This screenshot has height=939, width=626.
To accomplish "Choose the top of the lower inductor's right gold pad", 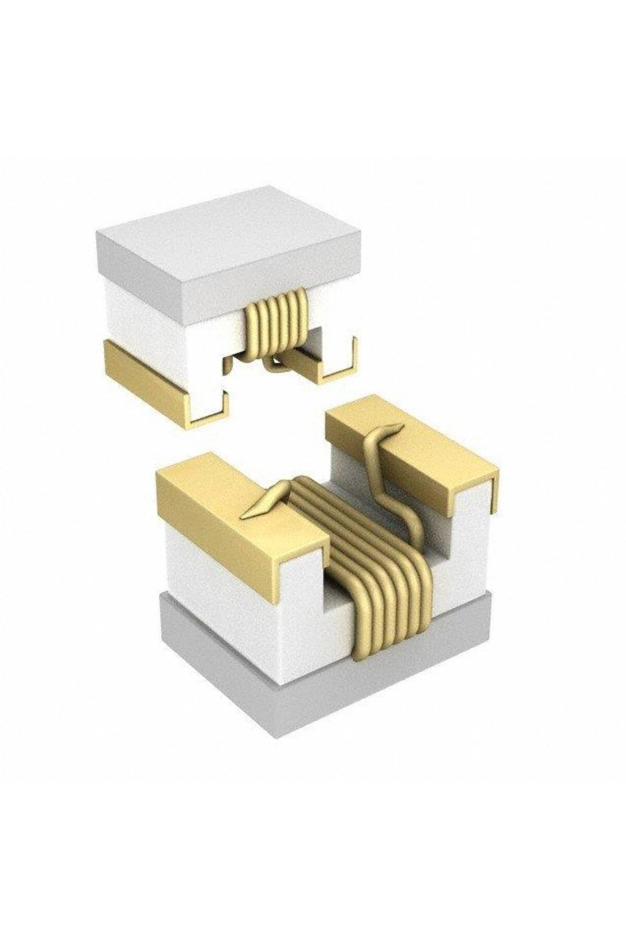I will pyautogui.click(x=412, y=443).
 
